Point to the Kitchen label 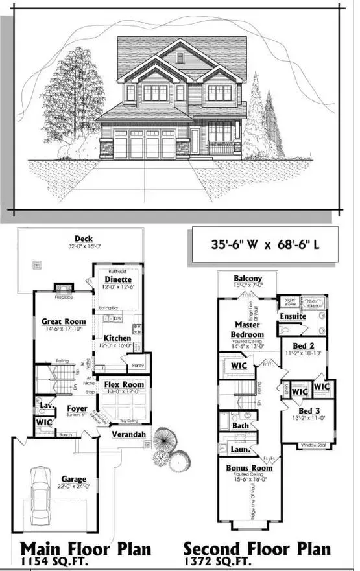pyautogui.click(x=117, y=338)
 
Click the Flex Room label pyautogui.click(x=123, y=385)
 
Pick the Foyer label pyautogui.click(x=77, y=408)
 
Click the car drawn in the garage pyautogui.click(x=40, y=490)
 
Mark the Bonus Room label pyautogui.click(x=246, y=467)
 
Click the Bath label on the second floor pyautogui.click(x=241, y=426)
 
